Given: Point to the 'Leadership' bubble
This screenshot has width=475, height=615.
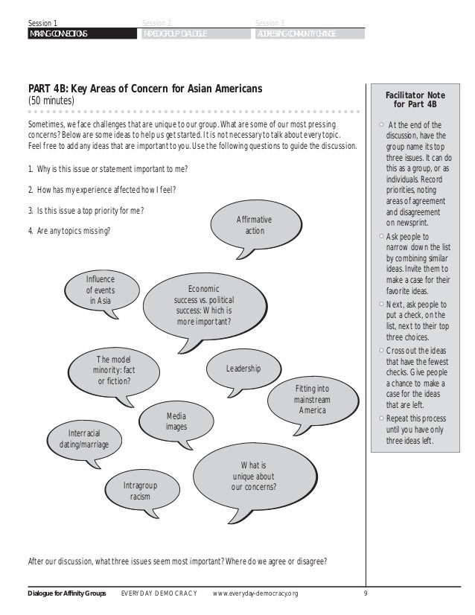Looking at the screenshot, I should click(243, 369).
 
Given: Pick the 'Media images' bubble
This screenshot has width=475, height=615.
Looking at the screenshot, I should click(176, 421).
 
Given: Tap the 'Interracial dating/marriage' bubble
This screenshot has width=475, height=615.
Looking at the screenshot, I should click(84, 439).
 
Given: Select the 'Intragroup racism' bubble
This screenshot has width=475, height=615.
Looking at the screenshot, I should click(141, 490).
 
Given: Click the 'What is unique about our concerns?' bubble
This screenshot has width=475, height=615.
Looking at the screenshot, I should click(255, 477).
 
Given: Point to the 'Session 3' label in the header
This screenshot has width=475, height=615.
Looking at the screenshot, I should click(269, 23).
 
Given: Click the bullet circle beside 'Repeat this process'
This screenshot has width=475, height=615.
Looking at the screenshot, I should click(381, 419).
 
